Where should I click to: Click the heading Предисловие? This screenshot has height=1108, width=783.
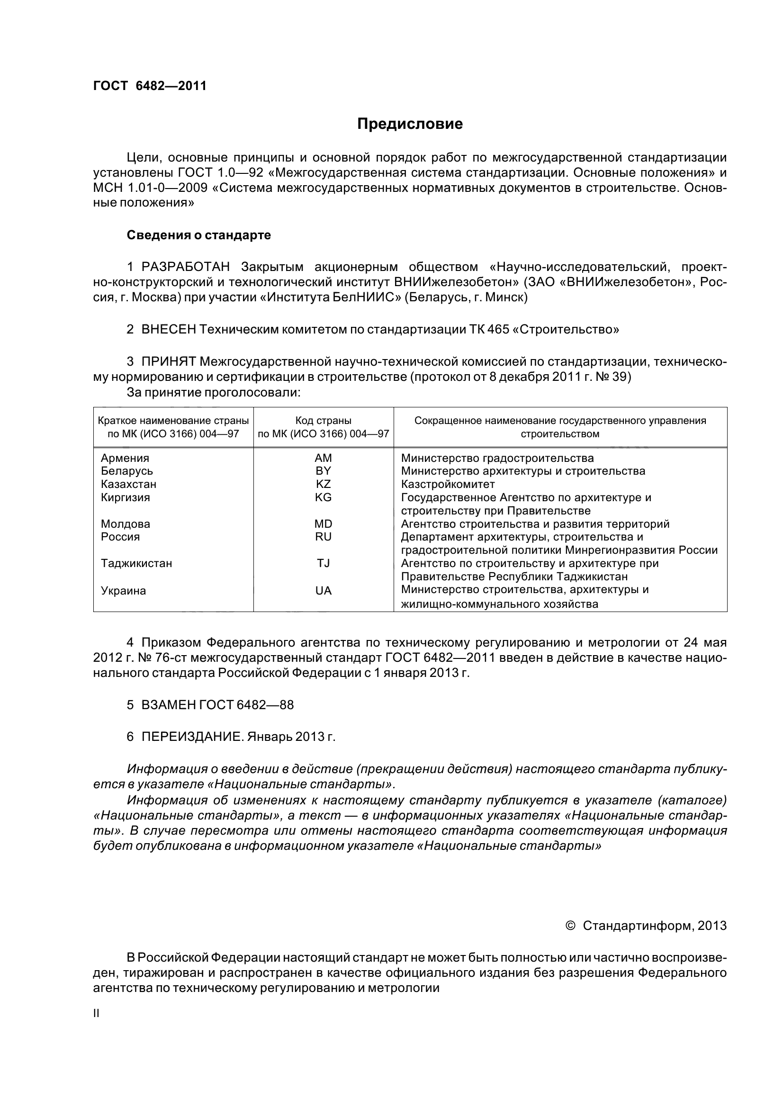pyautogui.click(x=410, y=124)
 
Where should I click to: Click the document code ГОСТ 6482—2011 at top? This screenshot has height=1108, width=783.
pyautogui.click(x=150, y=86)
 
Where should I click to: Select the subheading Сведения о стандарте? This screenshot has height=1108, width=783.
pyautogui.click(x=198, y=235)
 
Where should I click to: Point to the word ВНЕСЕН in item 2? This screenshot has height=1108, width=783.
pyautogui.click(x=168, y=330)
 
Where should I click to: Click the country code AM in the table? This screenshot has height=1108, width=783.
pyautogui.click(x=323, y=458)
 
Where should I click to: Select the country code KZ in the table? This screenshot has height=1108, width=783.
pyautogui.click(x=323, y=484)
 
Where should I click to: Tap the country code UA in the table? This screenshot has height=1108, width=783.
pyautogui.click(x=323, y=591)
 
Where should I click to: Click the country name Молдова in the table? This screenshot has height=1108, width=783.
pyautogui.click(x=126, y=524)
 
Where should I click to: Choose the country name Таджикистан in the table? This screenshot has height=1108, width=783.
pyautogui.click(x=136, y=563)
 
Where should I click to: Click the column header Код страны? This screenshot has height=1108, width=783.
pyautogui.click(x=323, y=420)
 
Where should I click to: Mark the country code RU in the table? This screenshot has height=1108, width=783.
pyautogui.click(x=323, y=537)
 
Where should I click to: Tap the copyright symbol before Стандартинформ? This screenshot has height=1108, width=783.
pyautogui.click(x=570, y=926)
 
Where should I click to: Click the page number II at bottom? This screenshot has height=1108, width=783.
pyautogui.click(x=96, y=1013)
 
